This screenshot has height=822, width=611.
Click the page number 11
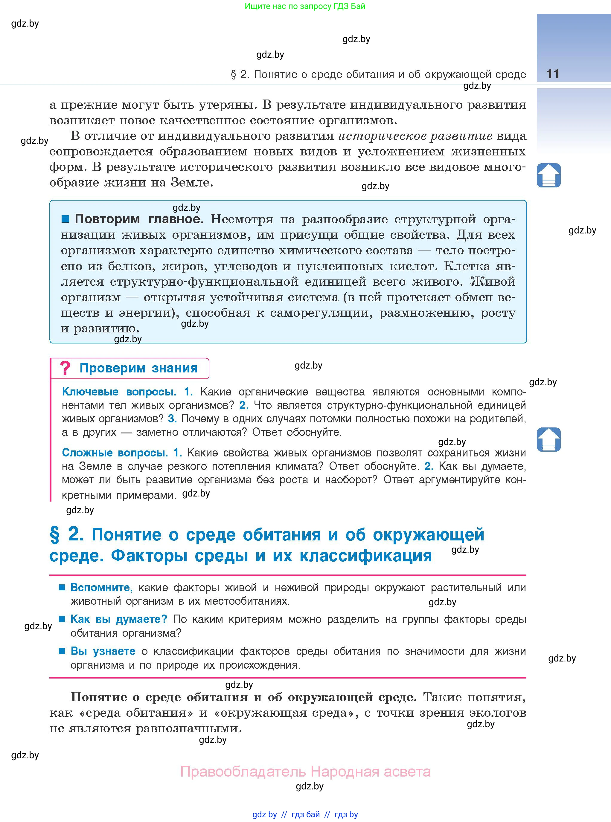pos(553,74)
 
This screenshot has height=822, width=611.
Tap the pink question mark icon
pos(65,368)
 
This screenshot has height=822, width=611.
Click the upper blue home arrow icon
pos(548,175)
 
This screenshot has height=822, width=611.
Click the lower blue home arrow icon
pos(548,439)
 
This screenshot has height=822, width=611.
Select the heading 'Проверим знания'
pos(138,368)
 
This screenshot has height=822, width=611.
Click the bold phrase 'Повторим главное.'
pos(139,219)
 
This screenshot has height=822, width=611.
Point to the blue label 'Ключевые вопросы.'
pos(119,392)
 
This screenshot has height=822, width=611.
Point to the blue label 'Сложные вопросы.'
pos(115,453)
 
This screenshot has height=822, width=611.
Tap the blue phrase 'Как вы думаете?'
pos(119,619)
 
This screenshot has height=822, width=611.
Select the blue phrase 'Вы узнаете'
pos(103,651)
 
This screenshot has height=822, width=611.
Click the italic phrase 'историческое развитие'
pos(415,136)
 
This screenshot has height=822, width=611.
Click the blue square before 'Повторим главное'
pos(65,219)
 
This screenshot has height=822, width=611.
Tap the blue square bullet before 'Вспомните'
pos(62,587)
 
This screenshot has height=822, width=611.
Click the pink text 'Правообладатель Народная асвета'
pos(305,772)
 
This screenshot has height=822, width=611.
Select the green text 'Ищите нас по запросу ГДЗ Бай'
pos(305,6)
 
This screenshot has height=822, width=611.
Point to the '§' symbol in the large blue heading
pos(54,535)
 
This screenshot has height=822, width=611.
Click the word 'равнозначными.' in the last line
pos(189,728)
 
